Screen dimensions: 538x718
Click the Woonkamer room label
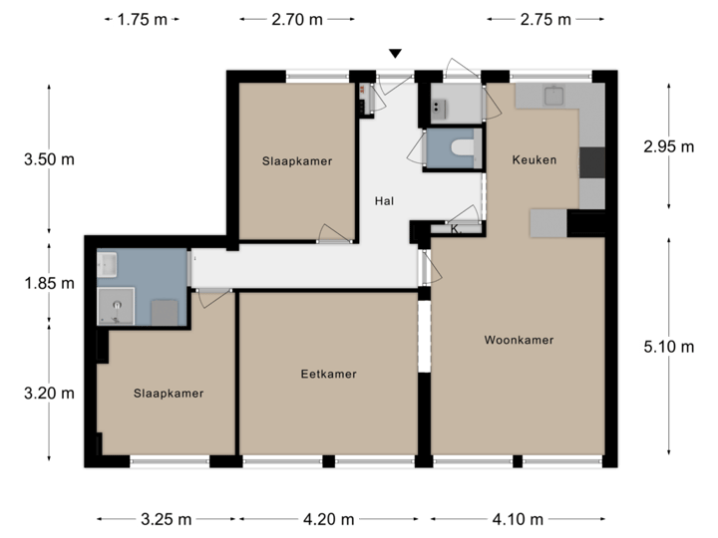(519, 340)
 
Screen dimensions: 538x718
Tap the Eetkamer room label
(328, 375)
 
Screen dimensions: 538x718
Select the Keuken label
(535, 160)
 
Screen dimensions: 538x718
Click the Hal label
(384, 201)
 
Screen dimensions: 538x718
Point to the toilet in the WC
(461, 149)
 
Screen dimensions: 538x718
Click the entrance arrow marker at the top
(396, 53)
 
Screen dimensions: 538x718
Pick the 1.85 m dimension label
(49, 283)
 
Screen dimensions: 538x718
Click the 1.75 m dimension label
(143, 19)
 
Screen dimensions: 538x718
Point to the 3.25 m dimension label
(167, 518)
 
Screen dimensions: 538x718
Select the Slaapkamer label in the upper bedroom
(297, 160)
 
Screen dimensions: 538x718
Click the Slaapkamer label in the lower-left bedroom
(169, 394)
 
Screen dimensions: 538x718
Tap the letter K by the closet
(454, 229)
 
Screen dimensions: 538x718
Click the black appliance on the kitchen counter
(592, 161)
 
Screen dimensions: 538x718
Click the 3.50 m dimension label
(49, 158)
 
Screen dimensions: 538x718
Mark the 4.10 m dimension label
(518, 518)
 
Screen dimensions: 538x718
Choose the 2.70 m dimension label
(297, 19)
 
